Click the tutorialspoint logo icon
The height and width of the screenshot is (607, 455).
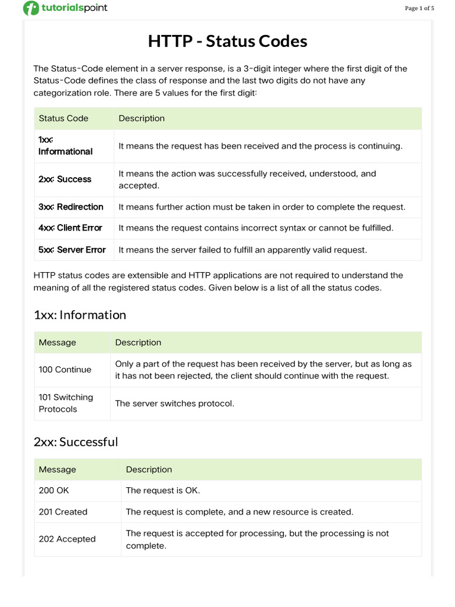(x=31, y=8)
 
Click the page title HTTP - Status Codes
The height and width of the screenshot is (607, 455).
(x=227, y=41)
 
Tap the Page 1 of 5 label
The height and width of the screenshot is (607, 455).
(x=419, y=8)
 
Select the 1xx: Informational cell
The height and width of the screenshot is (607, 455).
(x=65, y=146)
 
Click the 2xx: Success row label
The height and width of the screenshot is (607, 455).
(x=65, y=179)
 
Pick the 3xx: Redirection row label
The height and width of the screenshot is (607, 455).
(x=71, y=207)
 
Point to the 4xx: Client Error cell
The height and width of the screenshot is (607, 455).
(x=70, y=228)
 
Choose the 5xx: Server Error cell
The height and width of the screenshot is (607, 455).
(x=72, y=250)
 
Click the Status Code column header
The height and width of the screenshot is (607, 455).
(x=63, y=118)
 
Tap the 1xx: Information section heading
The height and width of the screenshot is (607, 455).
(x=80, y=315)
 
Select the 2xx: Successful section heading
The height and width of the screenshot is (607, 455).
(x=76, y=442)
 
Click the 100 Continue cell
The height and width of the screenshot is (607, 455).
(x=65, y=369)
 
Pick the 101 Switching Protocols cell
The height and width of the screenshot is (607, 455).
(x=66, y=403)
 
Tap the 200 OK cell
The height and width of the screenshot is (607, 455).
(x=54, y=490)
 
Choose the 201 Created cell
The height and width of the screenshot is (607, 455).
(x=63, y=512)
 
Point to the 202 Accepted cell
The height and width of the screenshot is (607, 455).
(x=67, y=539)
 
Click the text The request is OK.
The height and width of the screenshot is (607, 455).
(x=163, y=490)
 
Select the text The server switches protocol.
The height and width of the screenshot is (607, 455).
(x=175, y=403)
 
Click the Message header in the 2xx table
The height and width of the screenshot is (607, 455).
(x=57, y=469)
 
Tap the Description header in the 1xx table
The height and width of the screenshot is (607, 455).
(x=138, y=342)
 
